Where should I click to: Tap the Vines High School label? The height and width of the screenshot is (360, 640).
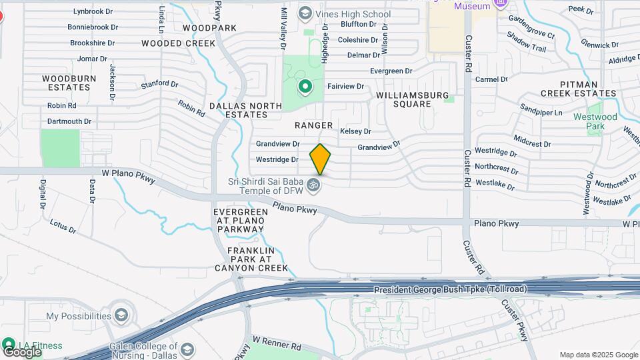[353, 13]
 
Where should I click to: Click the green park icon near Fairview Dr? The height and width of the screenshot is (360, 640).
[305, 86]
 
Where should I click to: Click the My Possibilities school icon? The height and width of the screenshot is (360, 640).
[121, 315]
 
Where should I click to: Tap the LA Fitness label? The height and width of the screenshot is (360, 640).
[40, 345]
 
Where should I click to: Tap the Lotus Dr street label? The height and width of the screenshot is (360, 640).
[63, 227]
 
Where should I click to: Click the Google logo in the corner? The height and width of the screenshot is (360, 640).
[22, 351]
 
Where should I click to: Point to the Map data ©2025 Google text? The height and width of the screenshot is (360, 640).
[598, 355]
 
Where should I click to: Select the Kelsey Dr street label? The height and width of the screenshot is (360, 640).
[355, 131]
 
